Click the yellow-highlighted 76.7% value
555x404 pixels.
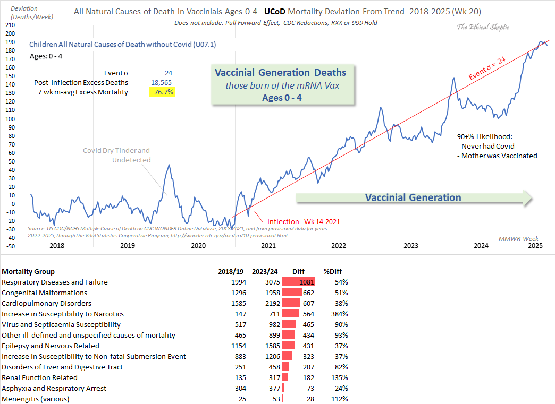click(x=162, y=92)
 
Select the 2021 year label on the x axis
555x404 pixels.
click(x=268, y=245)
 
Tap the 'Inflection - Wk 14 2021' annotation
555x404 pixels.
click(x=303, y=221)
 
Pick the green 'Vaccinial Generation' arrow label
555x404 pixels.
click(x=413, y=197)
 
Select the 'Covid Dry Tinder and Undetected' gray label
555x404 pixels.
click(x=116, y=155)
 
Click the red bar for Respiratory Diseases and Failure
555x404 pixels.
click(x=298, y=282)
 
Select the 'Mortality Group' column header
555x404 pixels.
click(x=28, y=271)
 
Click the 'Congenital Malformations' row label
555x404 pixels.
click(x=44, y=293)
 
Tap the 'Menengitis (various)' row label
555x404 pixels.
click(x=35, y=399)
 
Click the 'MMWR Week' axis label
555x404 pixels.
click(x=518, y=238)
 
